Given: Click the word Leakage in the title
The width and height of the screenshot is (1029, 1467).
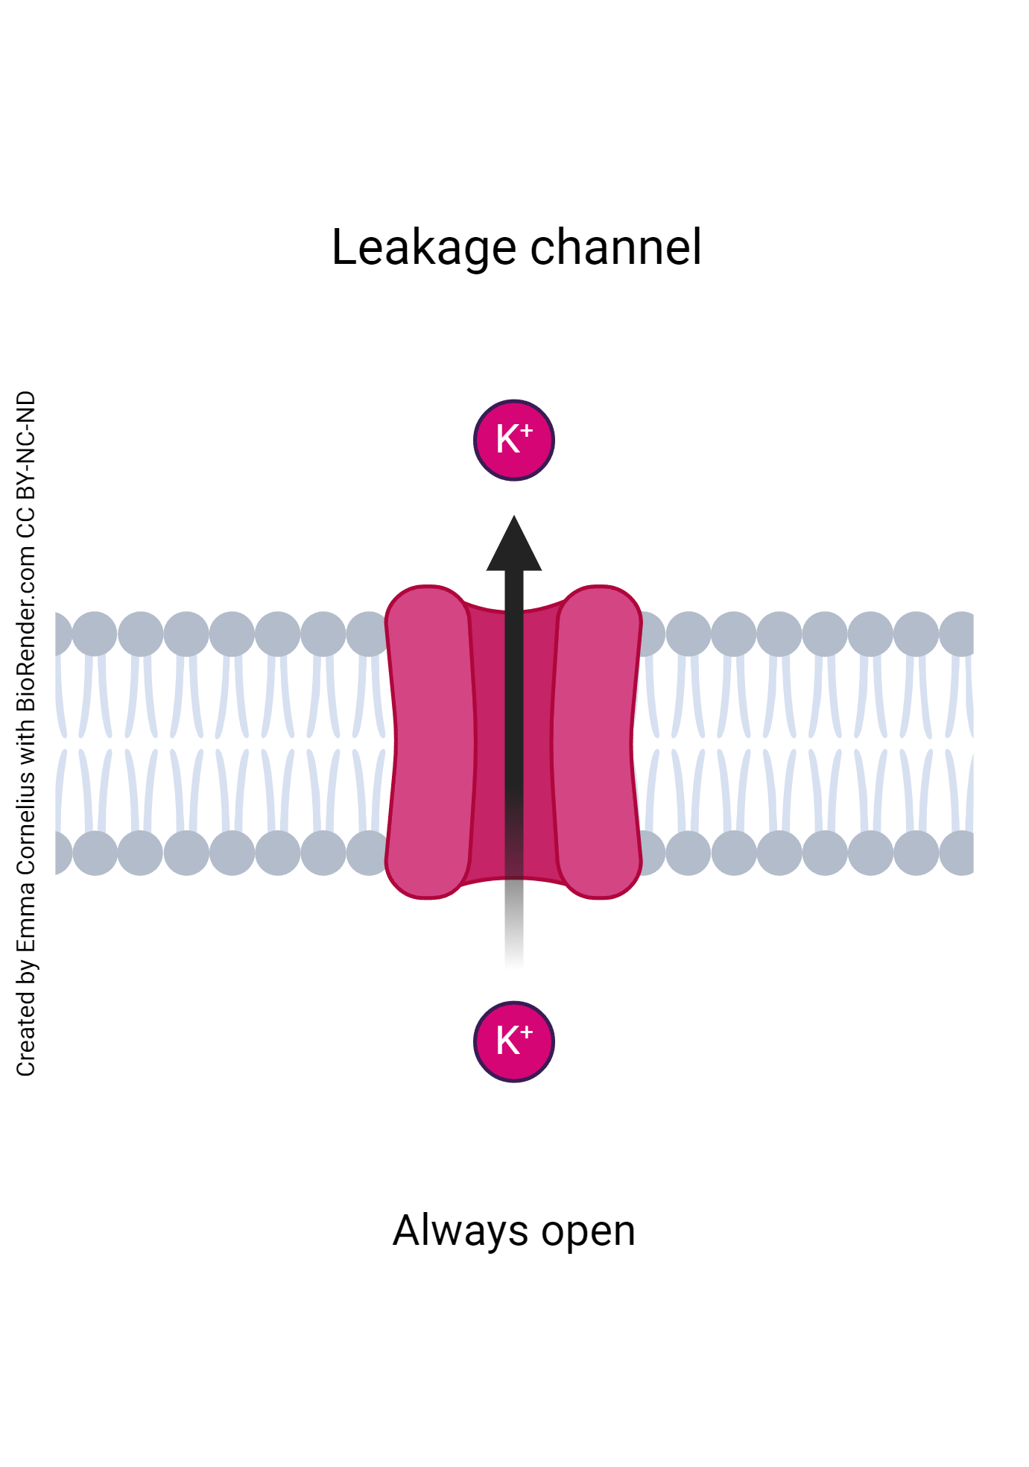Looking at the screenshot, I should [423, 248].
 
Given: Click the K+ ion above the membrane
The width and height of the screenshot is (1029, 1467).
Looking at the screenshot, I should [514, 440].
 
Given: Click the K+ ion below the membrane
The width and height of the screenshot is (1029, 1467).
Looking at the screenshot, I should [514, 1041].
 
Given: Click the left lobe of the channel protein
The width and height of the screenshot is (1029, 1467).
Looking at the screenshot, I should [428, 742].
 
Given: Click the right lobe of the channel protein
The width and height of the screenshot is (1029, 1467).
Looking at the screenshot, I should [599, 742].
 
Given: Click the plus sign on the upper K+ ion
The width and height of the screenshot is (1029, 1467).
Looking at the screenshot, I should [527, 430].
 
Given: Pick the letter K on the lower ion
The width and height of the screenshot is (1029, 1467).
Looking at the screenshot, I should [507, 1041].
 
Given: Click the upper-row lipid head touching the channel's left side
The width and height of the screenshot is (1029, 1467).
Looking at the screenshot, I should [369, 634].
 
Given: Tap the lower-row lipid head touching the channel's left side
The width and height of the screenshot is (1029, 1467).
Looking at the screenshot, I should [369, 853].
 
